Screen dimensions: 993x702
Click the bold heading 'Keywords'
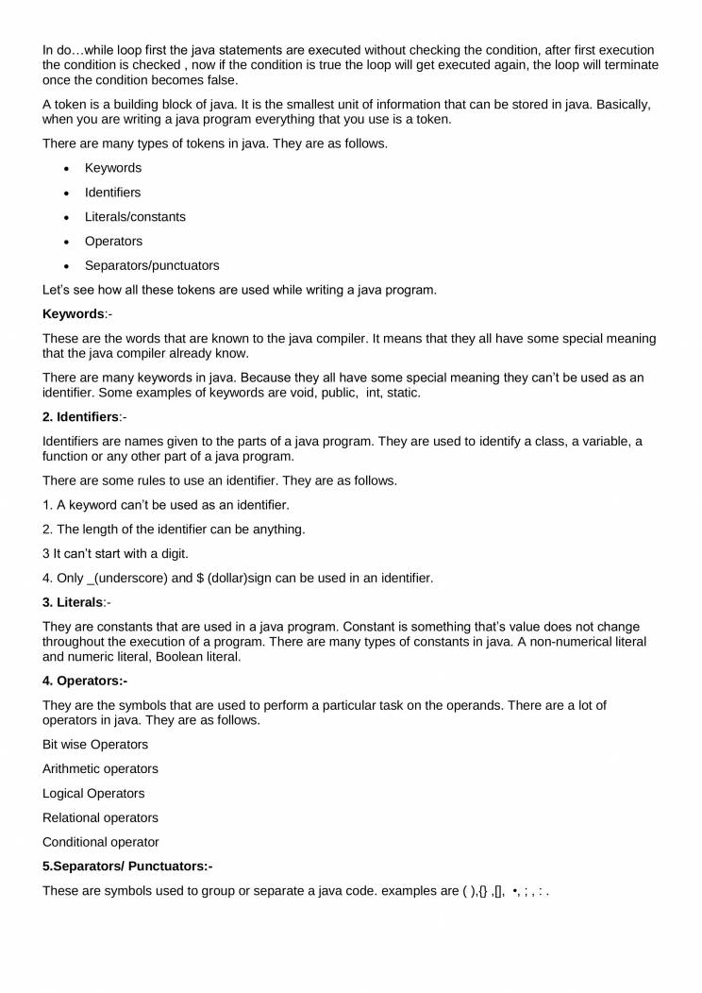pos(73,313)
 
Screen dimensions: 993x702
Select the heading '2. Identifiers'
pos(80,416)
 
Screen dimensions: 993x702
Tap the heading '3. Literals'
pos(73,602)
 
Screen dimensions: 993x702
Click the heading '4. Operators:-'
pos(85,681)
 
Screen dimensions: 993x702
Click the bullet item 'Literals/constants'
pos(135,216)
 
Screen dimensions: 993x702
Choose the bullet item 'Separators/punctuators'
pos(152,265)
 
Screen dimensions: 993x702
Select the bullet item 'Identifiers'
pos(112,192)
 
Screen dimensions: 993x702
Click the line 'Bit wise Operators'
pos(95,744)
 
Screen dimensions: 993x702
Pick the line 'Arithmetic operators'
pos(100,768)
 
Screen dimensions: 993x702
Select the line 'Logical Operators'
pos(93,793)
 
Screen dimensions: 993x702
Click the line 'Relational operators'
pos(100,817)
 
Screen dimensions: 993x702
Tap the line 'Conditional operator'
pos(101,842)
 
